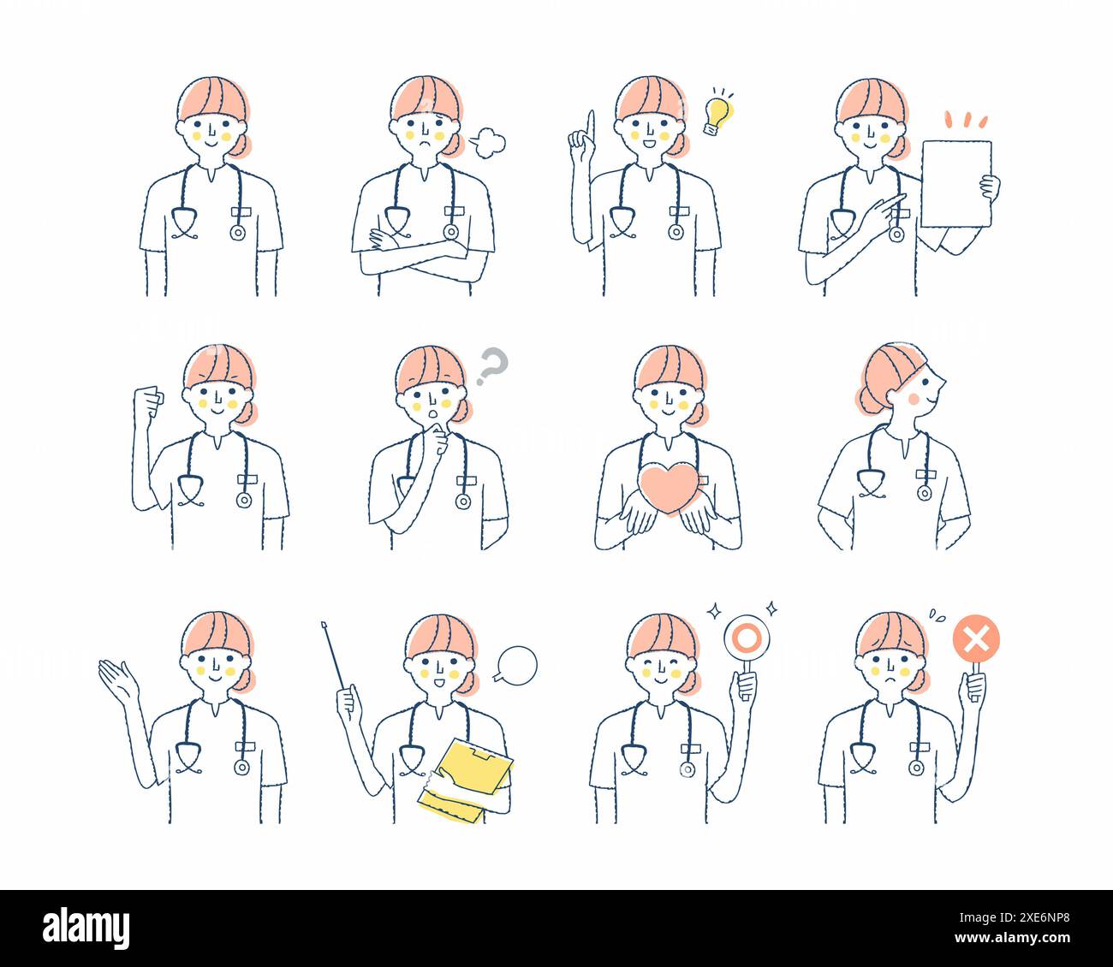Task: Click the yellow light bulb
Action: (717, 114)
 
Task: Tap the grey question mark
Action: (492, 364)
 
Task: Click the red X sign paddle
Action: (976, 639)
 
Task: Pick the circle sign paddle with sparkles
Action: (747, 638)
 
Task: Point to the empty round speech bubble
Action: (516, 664)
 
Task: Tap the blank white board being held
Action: (955, 184)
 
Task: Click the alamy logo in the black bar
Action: (86, 928)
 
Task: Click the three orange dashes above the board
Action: (965, 118)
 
